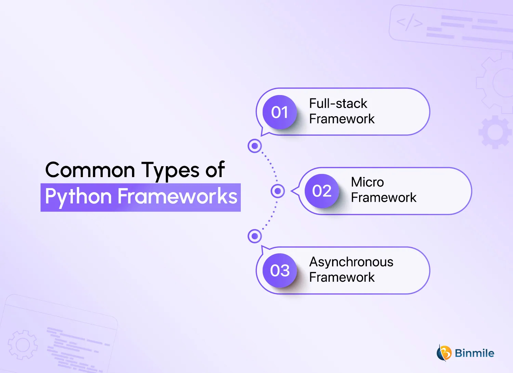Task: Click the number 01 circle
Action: tap(279, 112)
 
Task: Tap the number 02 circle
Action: tap(321, 191)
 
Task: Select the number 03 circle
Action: tap(279, 270)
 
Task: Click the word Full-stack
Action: tap(338, 103)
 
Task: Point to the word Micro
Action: tap(367, 182)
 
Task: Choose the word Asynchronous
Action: tap(351, 262)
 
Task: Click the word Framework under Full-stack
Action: tap(342, 119)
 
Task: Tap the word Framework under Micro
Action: tap(383, 198)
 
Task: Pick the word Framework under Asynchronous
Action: tap(342, 277)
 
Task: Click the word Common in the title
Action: tap(90, 170)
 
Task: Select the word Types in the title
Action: tap(170, 171)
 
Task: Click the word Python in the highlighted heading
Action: tap(78, 197)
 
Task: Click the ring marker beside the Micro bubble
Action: tap(278, 191)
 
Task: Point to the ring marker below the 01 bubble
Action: tap(254, 146)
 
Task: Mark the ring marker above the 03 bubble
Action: tap(254, 236)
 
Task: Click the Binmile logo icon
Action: tap(444, 353)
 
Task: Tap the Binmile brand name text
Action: tap(474, 353)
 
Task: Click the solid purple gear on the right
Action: tap(495, 132)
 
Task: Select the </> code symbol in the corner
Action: tap(409, 23)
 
